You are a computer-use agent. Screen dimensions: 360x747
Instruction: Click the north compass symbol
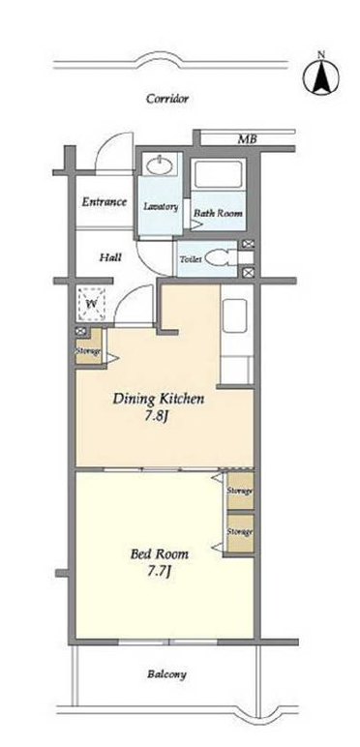[x=321, y=76]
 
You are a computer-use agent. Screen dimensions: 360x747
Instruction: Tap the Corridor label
[x=167, y=99]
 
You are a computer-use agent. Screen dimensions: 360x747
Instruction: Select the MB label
[x=247, y=140]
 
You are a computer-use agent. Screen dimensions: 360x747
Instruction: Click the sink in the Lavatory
[x=161, y=165]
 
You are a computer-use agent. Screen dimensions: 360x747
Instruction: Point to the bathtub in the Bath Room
[x=219, y=174]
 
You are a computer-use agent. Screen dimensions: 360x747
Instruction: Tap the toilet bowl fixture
[x=221, y=259]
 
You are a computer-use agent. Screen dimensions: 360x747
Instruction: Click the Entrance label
[x=105, y=202]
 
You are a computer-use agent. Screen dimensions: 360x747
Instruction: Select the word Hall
[x=110, y=257]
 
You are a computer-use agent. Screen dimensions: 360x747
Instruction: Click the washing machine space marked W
[x=90, y=303]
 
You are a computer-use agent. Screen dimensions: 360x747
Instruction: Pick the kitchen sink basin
[x=235, y=315]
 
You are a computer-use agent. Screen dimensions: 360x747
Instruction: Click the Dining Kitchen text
[x=159, y=399]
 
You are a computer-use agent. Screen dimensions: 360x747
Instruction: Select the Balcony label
[x=166, y=674]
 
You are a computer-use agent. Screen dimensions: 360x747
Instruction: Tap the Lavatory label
[x=161, y=207]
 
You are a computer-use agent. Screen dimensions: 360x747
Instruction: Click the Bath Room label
[x=218, y=213]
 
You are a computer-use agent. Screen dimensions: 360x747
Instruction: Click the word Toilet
[x=191, y=259]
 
